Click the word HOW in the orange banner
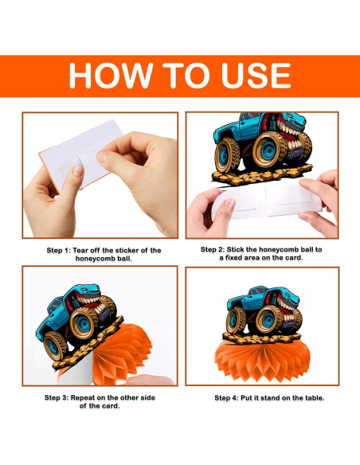(x=111, y=76)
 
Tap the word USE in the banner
(x=256, y=76)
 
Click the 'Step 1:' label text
(x=59, y=250)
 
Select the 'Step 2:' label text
(x=213, y=249)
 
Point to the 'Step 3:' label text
(x=57, y=397)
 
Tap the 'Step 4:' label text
(x=226, y=397)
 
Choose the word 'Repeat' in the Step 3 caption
(x=82, y=397)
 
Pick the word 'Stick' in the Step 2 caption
(x=236, y=249)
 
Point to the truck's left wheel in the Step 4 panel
(x=236, y=321)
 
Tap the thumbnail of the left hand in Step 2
(x=229, y=203)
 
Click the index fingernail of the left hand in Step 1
(x=78, y=171)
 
